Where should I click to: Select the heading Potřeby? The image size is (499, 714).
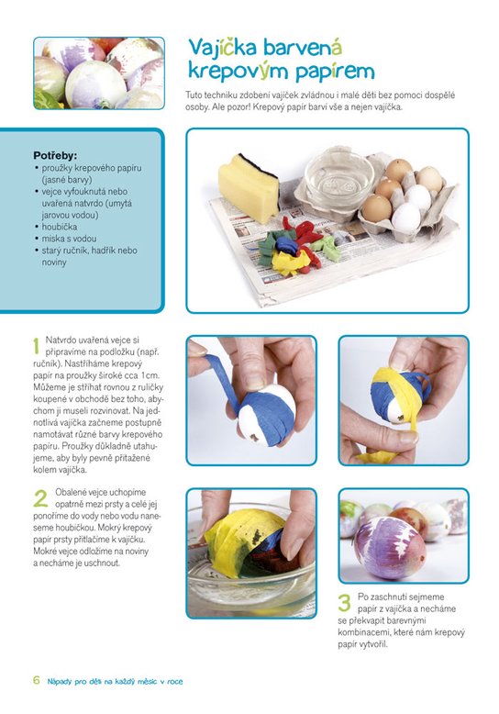tap(55, 156)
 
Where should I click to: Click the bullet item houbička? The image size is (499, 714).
tap(60, 227)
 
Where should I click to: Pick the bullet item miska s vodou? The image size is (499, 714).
tap(69, 238)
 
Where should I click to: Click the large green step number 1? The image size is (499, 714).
tap(37, 346)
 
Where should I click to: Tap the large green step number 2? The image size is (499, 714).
tap(40, 498)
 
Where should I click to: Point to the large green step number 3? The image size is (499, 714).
tap(345, 602)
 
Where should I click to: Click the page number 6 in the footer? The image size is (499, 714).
tap(37, 680)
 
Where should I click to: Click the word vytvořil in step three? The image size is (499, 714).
tap(373, 644)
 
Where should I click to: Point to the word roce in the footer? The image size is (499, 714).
tap(175, 682)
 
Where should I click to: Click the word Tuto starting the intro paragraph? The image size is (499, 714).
tap(194, 95)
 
